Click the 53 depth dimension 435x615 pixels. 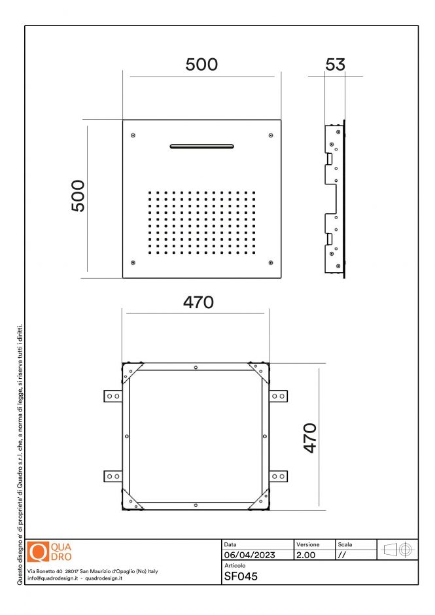(x=335, y=64)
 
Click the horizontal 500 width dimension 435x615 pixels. (x=201, y=64)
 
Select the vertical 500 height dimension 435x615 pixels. (x=78, y=195)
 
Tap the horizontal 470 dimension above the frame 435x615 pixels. (x=198, y=302)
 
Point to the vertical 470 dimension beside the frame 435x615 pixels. (x=310, y=438)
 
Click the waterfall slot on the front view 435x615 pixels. (x=201, y=146)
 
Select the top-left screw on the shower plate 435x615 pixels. (x=133, y=135)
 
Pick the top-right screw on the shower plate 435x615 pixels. (x=271, y=135)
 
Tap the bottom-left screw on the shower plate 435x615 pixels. (x=133, y=263)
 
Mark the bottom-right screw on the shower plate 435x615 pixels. (x=271, y=263)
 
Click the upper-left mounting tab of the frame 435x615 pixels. (x=113, y=396)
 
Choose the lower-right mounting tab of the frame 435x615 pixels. (x=278, y=476)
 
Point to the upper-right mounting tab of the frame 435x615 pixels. (x=278, y=396)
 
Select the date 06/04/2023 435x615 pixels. (x=249, y=555)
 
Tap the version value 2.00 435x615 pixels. (x=306, y=555)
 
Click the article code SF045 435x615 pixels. (x=241, y=576)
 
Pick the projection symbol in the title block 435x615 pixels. (x=398, y=550)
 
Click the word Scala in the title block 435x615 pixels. (x=345, y=544)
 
